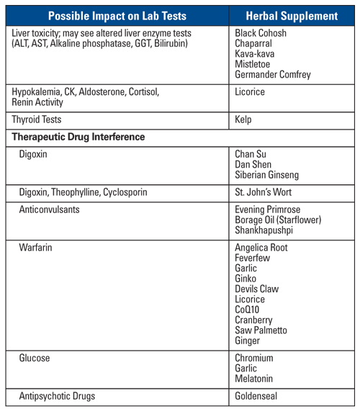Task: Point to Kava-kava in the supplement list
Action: click(x=256, y=53)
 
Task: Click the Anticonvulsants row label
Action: click(x=53, y=209)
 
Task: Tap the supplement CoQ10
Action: click(x=251, y=310)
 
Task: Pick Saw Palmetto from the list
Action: click(x=261, y=330)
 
